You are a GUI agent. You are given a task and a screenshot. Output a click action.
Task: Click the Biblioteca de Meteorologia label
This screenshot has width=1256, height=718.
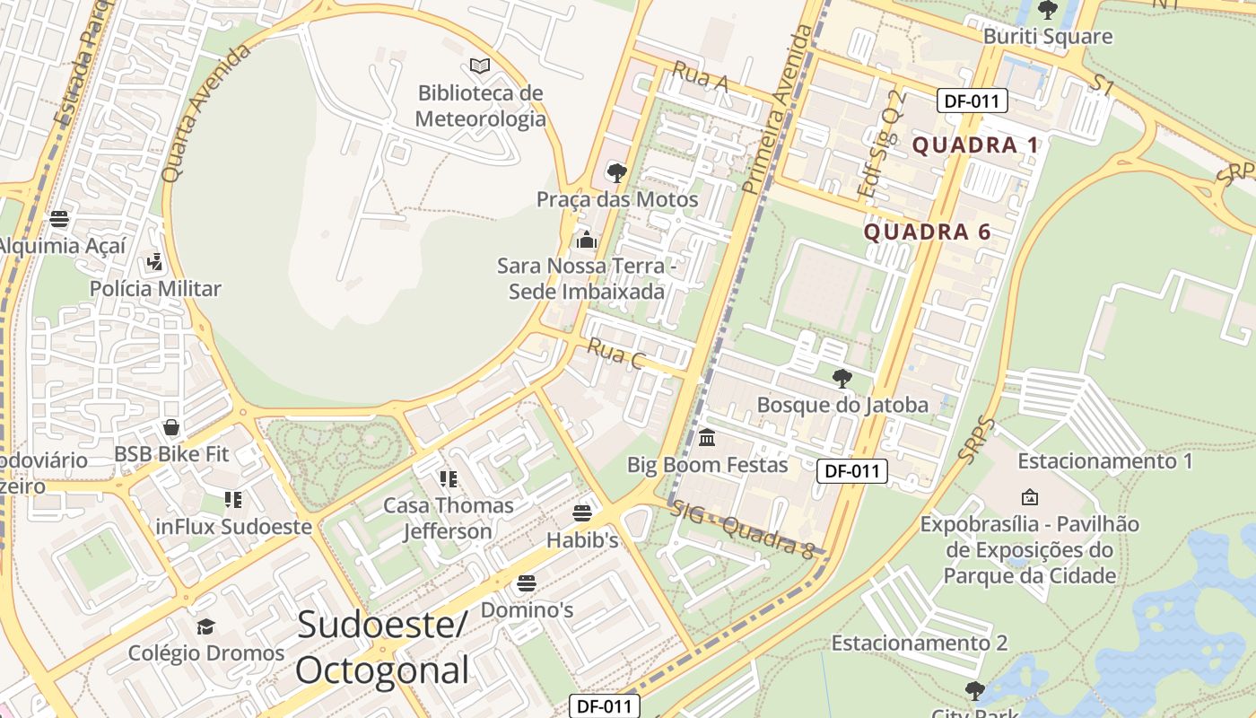click(x=481, y=106)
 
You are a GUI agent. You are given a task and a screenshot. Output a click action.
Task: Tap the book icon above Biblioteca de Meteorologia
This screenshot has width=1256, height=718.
click(x=480, y=66)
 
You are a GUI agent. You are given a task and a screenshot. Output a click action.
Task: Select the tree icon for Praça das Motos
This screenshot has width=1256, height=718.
click(x=616, y=172)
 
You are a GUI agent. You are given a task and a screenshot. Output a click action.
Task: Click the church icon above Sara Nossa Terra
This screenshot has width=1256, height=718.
click(x=587, y=240)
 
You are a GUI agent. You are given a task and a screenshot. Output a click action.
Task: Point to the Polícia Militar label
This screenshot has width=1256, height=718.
click(x=155, y=289)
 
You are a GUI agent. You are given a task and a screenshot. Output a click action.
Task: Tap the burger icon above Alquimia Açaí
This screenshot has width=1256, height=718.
click(x=59, y=219)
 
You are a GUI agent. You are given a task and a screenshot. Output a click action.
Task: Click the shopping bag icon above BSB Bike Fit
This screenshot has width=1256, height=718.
click(x=171, y=428)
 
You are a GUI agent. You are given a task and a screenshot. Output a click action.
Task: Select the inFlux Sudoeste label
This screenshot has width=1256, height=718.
click(x=233, y=527)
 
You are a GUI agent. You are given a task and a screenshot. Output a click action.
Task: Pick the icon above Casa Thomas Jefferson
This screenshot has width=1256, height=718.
click(x=448, y=479)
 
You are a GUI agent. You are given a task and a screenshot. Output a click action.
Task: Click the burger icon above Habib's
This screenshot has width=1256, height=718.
click(x=582, y=513)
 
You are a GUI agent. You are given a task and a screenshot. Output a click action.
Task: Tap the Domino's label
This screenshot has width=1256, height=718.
click(x=527, y=610)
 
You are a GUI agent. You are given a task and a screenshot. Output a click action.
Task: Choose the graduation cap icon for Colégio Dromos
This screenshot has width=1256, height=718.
click(x=206, y=626)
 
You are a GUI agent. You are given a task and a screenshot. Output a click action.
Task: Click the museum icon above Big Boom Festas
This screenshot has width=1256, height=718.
click(x=707, y=438)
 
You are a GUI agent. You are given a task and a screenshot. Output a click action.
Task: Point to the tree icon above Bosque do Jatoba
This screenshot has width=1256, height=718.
click(x=842, y=378)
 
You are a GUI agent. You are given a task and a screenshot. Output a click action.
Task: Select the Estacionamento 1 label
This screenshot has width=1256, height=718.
click(x=1105, y=461)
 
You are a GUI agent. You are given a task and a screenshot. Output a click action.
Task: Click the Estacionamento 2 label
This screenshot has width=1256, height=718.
click(x=920, y=644)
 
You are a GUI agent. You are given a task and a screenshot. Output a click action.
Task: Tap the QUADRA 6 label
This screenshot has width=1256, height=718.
click(x=927, y=232)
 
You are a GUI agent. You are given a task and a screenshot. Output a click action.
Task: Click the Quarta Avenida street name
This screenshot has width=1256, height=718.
click(x=205, y=112)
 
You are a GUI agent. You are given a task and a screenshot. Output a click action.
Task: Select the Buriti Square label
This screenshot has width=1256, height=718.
click(x=1047, y=37)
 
